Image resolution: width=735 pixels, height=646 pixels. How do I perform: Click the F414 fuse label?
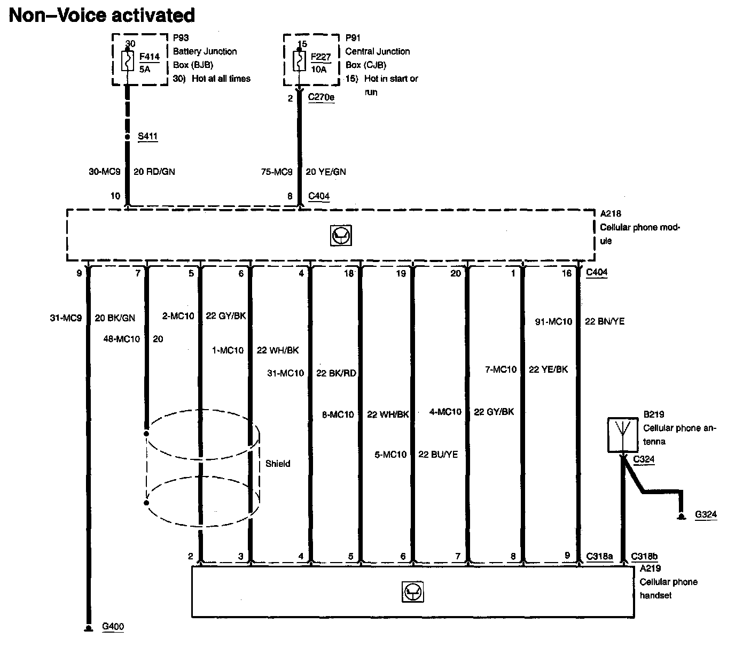coord(149,56)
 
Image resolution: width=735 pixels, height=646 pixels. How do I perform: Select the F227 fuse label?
coord(320,56)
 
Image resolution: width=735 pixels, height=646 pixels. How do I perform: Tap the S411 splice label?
coord(147,136)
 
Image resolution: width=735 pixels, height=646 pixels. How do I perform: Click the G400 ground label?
coord(113,626)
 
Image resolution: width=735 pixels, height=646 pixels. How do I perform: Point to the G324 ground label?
coord(706,515)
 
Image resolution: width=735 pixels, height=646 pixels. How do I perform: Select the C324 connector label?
coord(644,459)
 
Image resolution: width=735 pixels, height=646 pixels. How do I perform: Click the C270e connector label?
coord(322,97)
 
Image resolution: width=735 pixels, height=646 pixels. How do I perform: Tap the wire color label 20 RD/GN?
coord(154,172)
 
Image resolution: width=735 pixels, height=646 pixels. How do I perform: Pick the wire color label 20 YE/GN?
coord(326,172)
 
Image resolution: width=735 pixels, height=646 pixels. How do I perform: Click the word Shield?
coord(278,464)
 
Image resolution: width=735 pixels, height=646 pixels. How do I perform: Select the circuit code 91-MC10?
coord(553,321)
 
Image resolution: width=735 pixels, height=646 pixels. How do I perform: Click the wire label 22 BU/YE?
coord(438,455)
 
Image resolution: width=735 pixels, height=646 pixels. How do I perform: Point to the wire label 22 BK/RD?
coord(336,373)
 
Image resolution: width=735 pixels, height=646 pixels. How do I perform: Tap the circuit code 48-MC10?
coord(121,339)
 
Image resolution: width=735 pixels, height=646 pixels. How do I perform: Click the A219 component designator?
coord(650,568)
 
